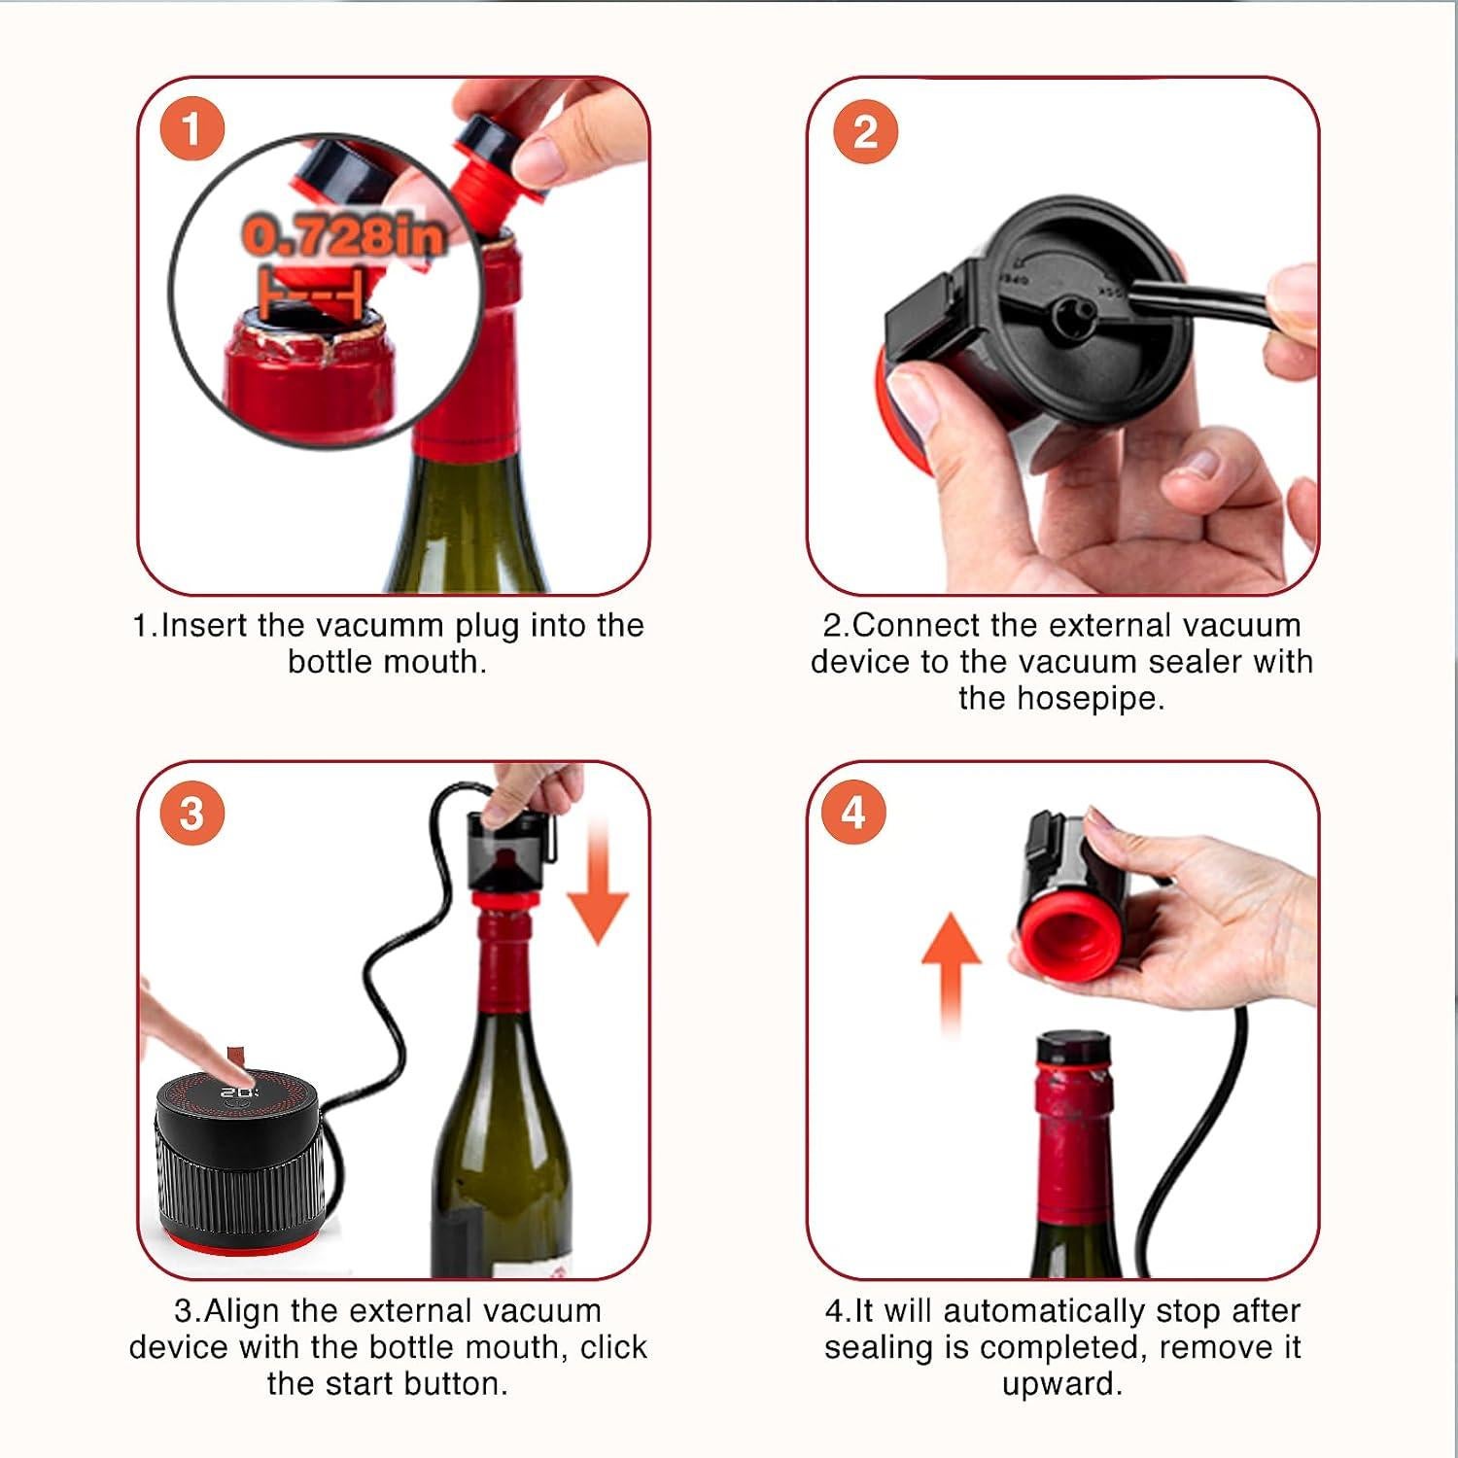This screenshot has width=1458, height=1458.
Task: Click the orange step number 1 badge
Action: pos(191,128)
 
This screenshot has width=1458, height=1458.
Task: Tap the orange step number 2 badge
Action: pos(865,131)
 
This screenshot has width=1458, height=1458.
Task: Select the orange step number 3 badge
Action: pos(191,813)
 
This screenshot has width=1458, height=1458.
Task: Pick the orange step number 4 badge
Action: pos(853,811)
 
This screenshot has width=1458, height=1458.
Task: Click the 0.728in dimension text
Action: pos(343,236)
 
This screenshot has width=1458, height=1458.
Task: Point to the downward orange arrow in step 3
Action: pos(598,880)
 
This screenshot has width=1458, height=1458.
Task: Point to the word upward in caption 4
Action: pos(1061,1385)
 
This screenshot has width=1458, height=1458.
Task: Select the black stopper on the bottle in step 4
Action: pos(1073,1048)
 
